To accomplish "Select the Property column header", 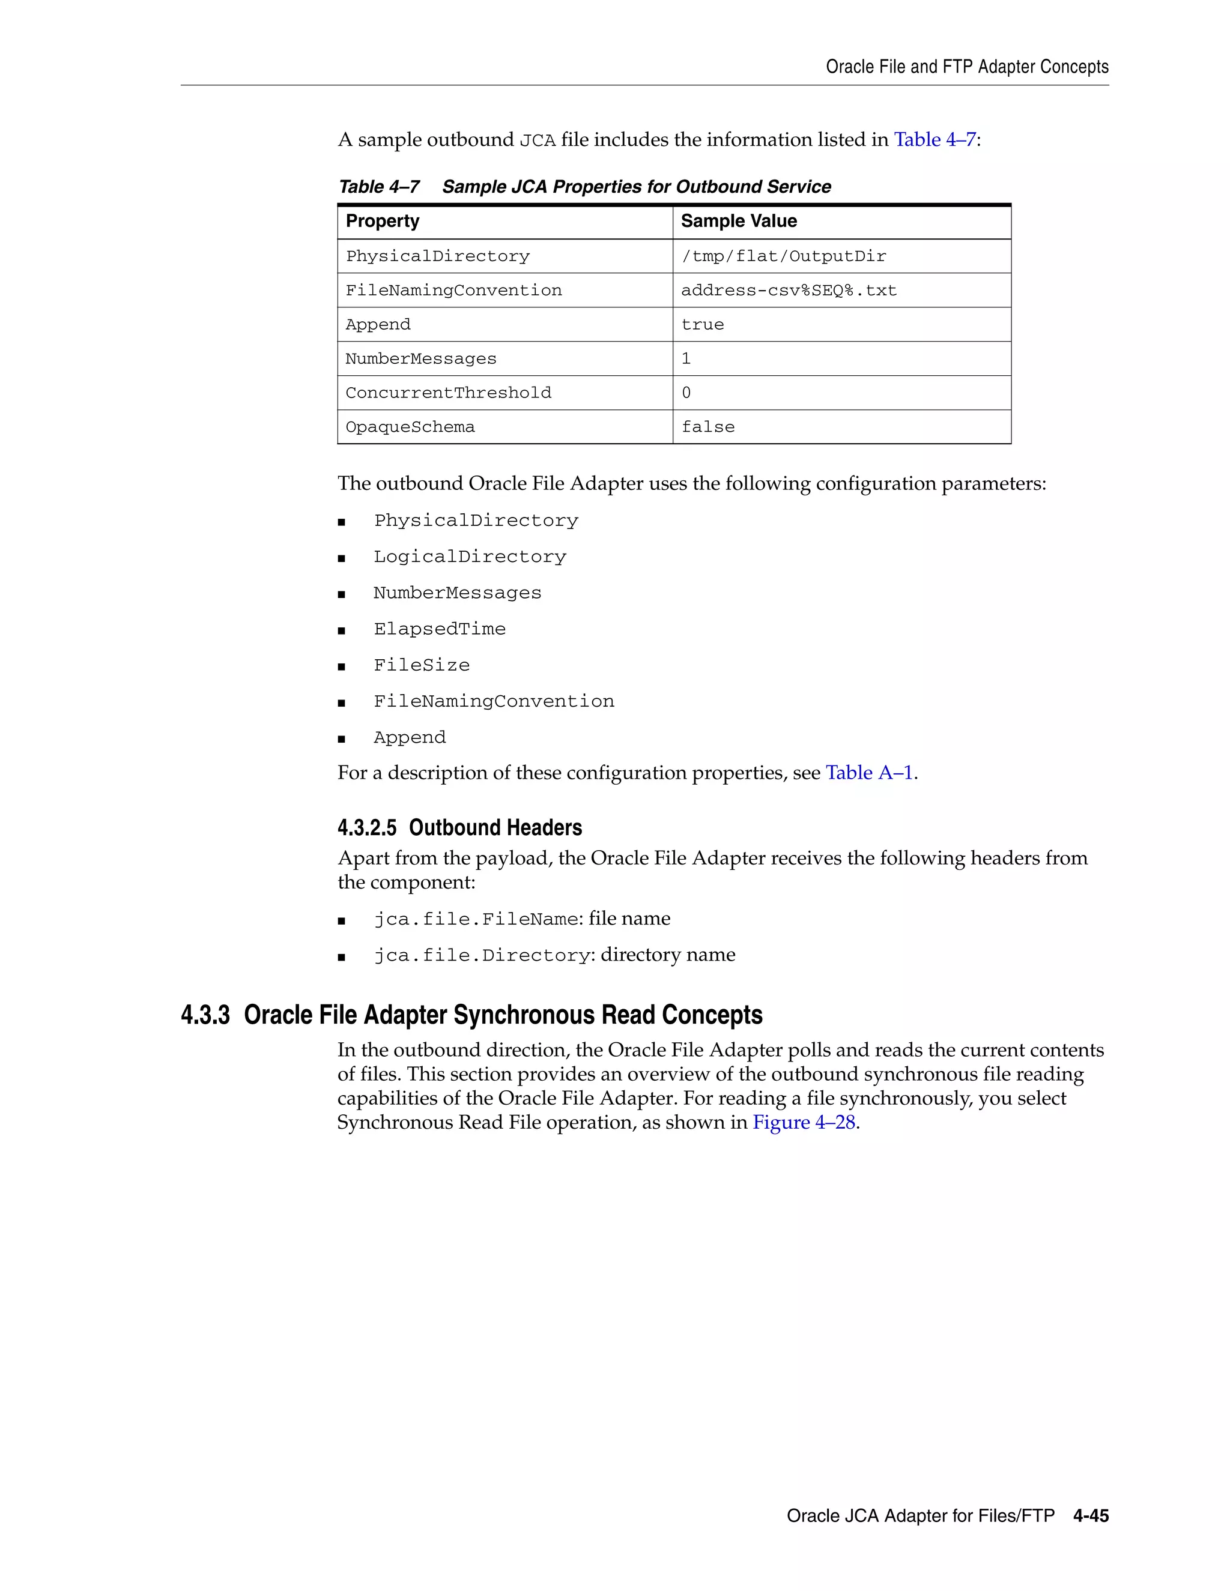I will coord(383,222).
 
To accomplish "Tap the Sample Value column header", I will coord(738,222).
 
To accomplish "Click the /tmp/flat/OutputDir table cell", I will coord(783,256).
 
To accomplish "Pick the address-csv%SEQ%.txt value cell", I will coord(789,291).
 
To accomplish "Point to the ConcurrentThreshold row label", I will coord(448,393).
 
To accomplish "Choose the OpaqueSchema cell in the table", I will coord(410,427).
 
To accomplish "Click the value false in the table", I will coord(707,427).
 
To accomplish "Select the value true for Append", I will coord(703,325).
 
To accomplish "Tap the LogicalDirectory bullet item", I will coord(470,557).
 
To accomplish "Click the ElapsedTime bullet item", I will coord(440,629).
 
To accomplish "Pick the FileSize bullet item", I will coord(422,666).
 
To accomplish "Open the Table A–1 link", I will coord(868,773).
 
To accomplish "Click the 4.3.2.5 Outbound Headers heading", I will coord(460,829).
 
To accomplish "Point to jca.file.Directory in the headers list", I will coord(481,956).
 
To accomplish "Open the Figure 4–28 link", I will coord(804,1123).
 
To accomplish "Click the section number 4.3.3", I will coord(205,1015).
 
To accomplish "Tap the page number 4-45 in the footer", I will coord(1090,1516).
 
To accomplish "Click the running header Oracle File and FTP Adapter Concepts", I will coord(966,67).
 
